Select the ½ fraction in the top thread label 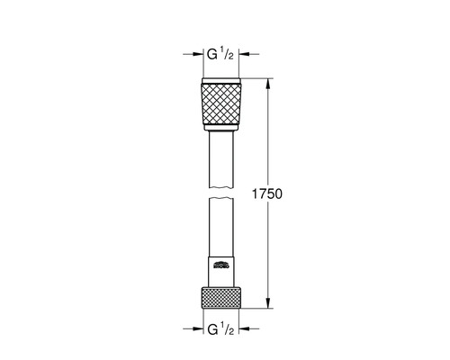tap(231, 56)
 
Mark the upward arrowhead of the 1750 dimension tap(268, 82)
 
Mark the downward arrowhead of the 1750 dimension tap(268, 306)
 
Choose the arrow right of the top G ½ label tap(248, 56)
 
